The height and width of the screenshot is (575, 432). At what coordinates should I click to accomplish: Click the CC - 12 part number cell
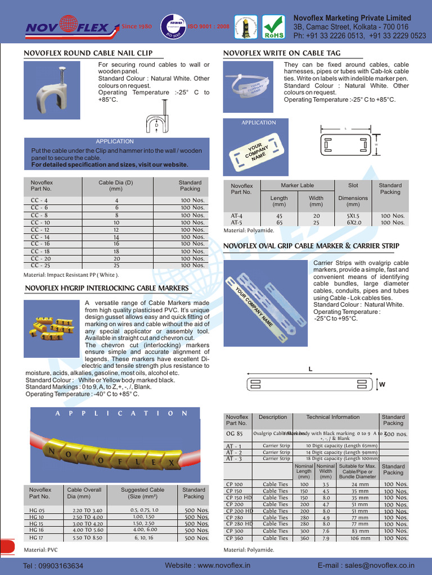[x=40, y=230]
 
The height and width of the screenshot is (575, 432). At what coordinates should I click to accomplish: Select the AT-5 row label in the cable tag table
[x=236, y=222]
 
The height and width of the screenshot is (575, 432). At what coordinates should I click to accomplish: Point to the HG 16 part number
[x=37, y=530]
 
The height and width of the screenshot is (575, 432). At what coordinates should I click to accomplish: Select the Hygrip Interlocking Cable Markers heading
[x=107, y=288]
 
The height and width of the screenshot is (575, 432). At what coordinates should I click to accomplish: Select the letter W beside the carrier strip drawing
[x=382, y=385]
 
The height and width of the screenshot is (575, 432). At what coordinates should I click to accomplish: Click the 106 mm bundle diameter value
[x=360, y=538]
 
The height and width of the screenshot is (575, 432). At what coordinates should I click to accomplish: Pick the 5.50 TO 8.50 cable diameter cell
[x=87, y=537]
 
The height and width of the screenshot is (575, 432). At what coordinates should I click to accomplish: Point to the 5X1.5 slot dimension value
[x=353, y=216]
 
